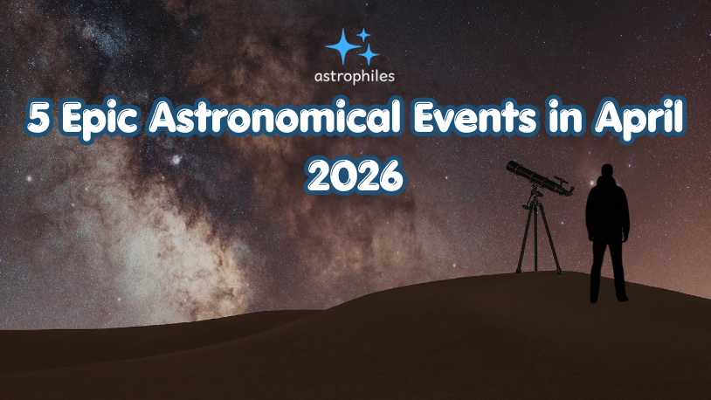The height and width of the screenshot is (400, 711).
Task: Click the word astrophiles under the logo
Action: pyautogui.click(x=354, y=75)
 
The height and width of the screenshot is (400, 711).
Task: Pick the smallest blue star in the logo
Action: pyautogui.click(x=364, y=34)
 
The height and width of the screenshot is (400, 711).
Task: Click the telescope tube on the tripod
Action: pyautogui.click(x=535, y=178)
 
